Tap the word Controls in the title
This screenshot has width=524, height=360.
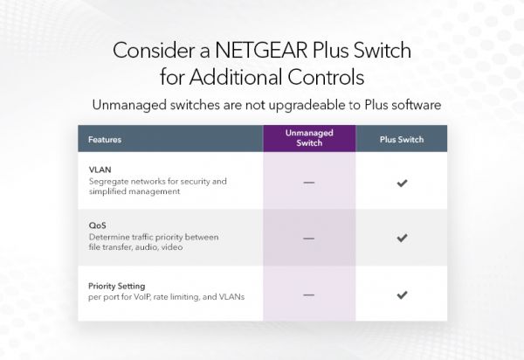(x=322, y=78)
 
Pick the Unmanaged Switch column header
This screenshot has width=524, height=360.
(x=309, y=138)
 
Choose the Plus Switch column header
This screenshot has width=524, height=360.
(x=402, y=139)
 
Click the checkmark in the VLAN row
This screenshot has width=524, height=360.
(x=402, y=182)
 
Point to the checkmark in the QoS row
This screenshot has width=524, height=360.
(x=402, y=238)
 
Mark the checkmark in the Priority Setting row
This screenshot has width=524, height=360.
(x=402, y=294)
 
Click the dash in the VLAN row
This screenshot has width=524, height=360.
(x=308, y=183)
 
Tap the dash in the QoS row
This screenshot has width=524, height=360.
(x=308, y=239)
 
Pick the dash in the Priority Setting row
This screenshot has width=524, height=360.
(x=308, y=295)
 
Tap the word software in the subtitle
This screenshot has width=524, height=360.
(x=412, y=105)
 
